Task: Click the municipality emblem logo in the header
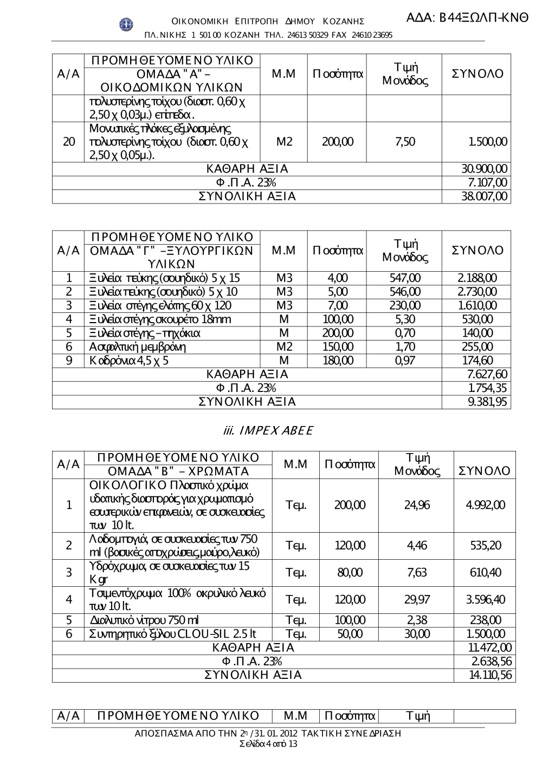126,24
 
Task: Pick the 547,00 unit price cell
405,278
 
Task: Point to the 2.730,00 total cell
476,292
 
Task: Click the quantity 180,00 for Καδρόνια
338,361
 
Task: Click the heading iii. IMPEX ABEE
268,430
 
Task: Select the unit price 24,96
417,505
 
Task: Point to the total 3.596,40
485,600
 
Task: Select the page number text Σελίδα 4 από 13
268,744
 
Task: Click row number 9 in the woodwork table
69,361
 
